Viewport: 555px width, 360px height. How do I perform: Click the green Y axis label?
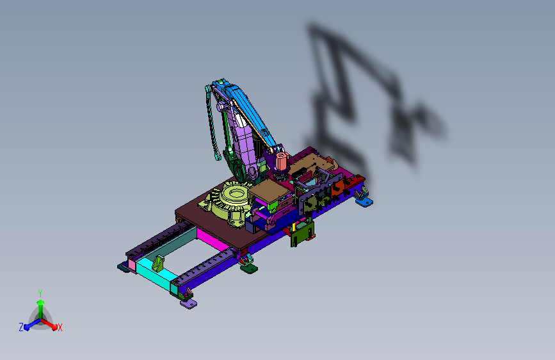pos(40,293)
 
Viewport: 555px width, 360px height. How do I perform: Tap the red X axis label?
pos(60,328)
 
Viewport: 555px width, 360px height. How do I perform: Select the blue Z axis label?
pos(21,327)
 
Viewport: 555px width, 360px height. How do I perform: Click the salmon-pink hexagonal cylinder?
pos(280,161)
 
